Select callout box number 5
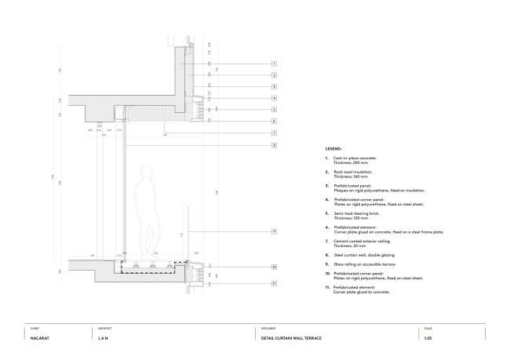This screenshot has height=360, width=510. [275, 110]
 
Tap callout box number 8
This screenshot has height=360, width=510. [275, 145]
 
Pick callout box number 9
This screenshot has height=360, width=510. [275, 231]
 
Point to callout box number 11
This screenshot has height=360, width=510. [275, 284]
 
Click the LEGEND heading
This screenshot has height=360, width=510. [333, 148]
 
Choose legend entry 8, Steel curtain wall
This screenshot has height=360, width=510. [354, 255]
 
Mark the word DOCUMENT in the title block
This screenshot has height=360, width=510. [268, 328]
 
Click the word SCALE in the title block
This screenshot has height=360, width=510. [427, 328]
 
